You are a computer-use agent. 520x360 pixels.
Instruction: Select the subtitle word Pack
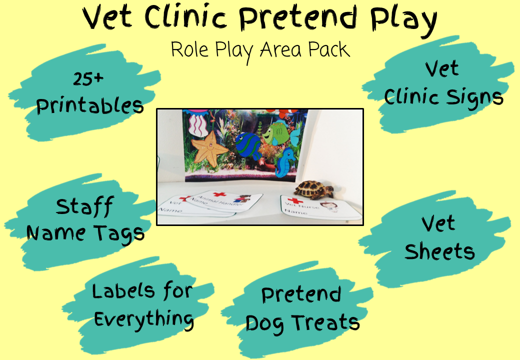[x=328, y=50]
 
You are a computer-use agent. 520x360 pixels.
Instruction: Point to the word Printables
[x=90, y=105]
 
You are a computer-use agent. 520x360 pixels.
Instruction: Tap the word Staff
[x=84, y=206]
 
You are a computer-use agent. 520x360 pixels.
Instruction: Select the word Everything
[x=144, y=318]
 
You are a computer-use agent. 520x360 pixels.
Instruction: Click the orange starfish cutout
[x=209, y=145]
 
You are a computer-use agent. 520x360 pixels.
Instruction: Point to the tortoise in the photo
[x=314, y=189]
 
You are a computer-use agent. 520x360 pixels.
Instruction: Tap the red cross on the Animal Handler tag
[x=218, y=194]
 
